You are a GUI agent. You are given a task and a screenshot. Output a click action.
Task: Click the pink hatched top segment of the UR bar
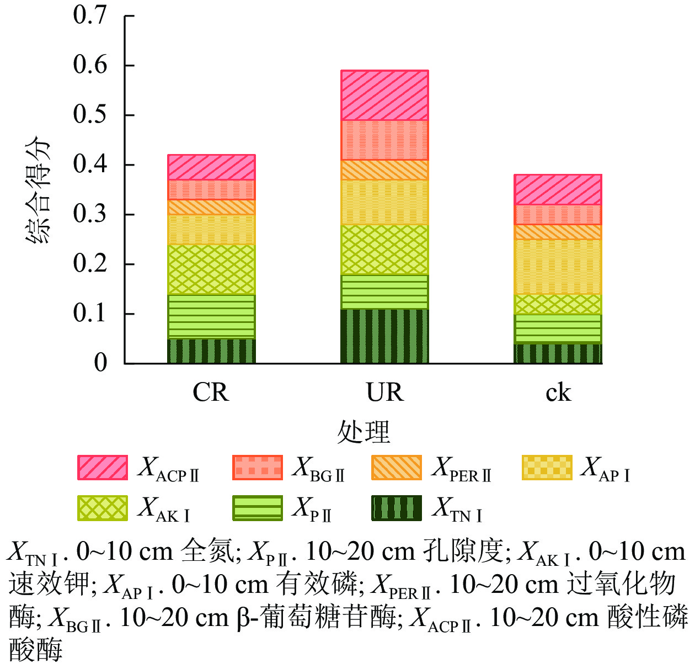[x=384, y=96]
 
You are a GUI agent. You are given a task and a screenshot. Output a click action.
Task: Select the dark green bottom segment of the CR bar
[x=211, y=351]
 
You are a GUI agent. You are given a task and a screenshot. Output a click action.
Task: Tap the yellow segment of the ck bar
[x=558, y=267]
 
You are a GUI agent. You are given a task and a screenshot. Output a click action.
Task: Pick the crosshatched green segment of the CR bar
[x=211, y=269]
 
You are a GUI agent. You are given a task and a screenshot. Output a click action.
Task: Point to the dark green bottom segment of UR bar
[x=384, y=336]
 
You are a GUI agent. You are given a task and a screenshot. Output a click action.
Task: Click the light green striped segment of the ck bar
[x=558, y=328]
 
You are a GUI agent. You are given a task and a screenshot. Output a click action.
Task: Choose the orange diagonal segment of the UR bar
[x=384, y=170]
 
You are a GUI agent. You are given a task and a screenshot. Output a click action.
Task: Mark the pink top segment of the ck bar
[x=558, y=189]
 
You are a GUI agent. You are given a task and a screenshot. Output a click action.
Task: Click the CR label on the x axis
[x=211, y=393]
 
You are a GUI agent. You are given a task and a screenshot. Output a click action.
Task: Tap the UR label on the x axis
[x=384, y=393]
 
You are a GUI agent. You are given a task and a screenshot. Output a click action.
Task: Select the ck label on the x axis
[x=558, y=393]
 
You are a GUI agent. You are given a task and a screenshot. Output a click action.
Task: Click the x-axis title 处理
[x=363, y=431]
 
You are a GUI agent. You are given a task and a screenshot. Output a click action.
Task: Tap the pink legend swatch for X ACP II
[x=103, y=468]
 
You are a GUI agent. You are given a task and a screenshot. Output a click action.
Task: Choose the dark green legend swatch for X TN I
[x=397, y=508]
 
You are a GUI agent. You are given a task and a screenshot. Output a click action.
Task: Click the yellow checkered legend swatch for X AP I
[x=547, y=468]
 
